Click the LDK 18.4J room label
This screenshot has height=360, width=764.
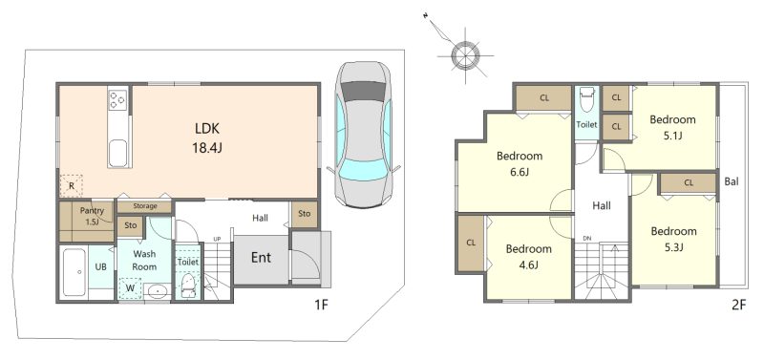(x=206, y=138)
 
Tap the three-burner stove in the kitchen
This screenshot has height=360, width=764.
(x=117, y=99)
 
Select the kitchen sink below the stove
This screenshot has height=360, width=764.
(x=117, y=153)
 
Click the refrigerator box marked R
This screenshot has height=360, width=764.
(x=71, y=185)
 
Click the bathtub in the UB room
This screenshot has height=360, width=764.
(x=74, y=272)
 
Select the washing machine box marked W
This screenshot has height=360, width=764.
(x=130, y=287)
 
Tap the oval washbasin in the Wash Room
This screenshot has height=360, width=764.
(x=157, y=292)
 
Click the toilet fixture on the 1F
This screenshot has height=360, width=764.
(x=187, y=286)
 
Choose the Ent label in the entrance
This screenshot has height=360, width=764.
(x=261, y=258)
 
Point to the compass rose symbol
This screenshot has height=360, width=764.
(x=464, y=54)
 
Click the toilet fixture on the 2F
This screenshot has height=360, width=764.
(x=586, y=101)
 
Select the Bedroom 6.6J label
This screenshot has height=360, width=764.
(x=520, y=163)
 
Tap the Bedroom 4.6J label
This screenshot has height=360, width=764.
(x=529, y=257)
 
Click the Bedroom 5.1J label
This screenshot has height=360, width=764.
(x=672, y=128)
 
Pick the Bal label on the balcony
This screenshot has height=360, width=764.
(x=732, y=182)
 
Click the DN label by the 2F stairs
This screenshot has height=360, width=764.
(x=587, y=238)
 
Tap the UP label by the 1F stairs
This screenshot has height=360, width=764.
(x=217, y=239)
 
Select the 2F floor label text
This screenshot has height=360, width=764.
(x=738, y=306)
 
